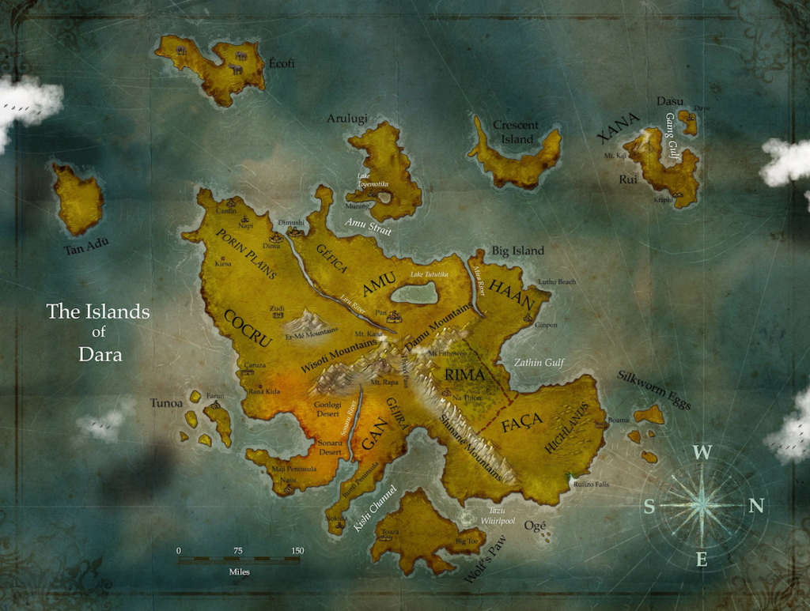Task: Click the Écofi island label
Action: click(x=281, y=63)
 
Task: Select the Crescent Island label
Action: click(x=515, y=132)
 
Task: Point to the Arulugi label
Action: click(x=347, y=119)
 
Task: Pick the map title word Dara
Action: click(x=100, y=354)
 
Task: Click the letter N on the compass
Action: click(x=755, y=506)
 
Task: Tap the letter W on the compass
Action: click(x=701, y=452)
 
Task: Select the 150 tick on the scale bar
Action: click(x=297, y=551)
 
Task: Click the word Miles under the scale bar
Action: click(x=239, y=571)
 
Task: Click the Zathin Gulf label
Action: click(x=539, y=363)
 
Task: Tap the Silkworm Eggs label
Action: click(x=653, y=390)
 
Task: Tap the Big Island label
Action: click(x=518, y=251)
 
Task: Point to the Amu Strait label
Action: click(x=368, y=227)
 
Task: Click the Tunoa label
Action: click(x=166, y=403)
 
